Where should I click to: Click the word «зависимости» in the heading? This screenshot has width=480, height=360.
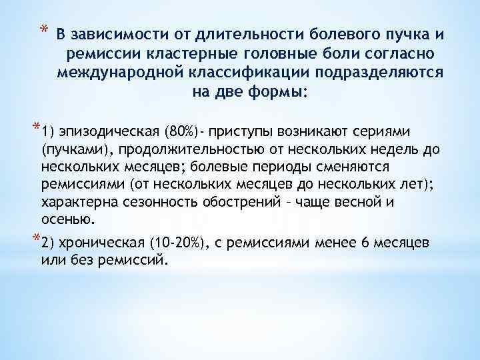point(109,34)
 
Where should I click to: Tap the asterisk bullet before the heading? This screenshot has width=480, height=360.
point(43,29)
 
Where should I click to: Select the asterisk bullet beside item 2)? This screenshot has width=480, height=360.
point(36,239)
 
